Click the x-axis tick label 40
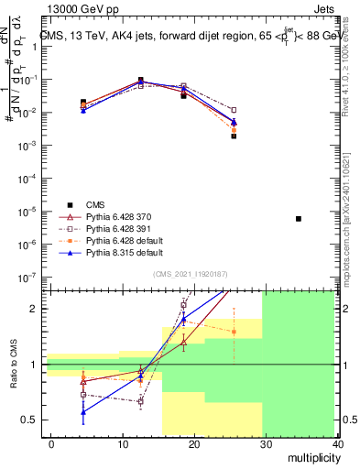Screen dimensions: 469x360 click(338, 444)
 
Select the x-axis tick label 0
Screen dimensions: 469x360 click(51, 444)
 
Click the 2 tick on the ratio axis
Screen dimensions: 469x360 click(32, 309)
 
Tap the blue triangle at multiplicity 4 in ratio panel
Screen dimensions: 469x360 click(83, 412)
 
